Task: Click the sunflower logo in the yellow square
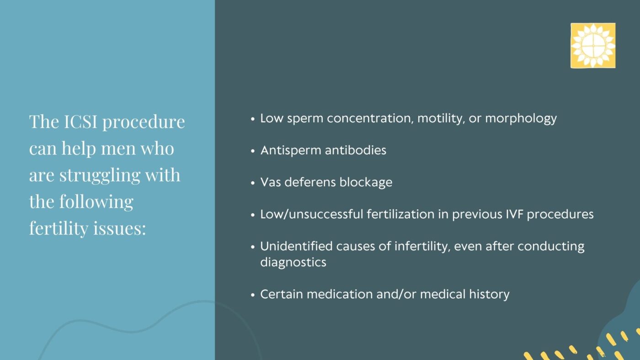(592, 46)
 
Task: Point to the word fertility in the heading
(53, 228)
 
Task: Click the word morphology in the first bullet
(521, 119)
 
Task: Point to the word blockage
(366, 182)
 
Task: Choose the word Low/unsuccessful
(312, 214)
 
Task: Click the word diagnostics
(293, 263)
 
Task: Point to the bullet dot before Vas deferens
(253, 183)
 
